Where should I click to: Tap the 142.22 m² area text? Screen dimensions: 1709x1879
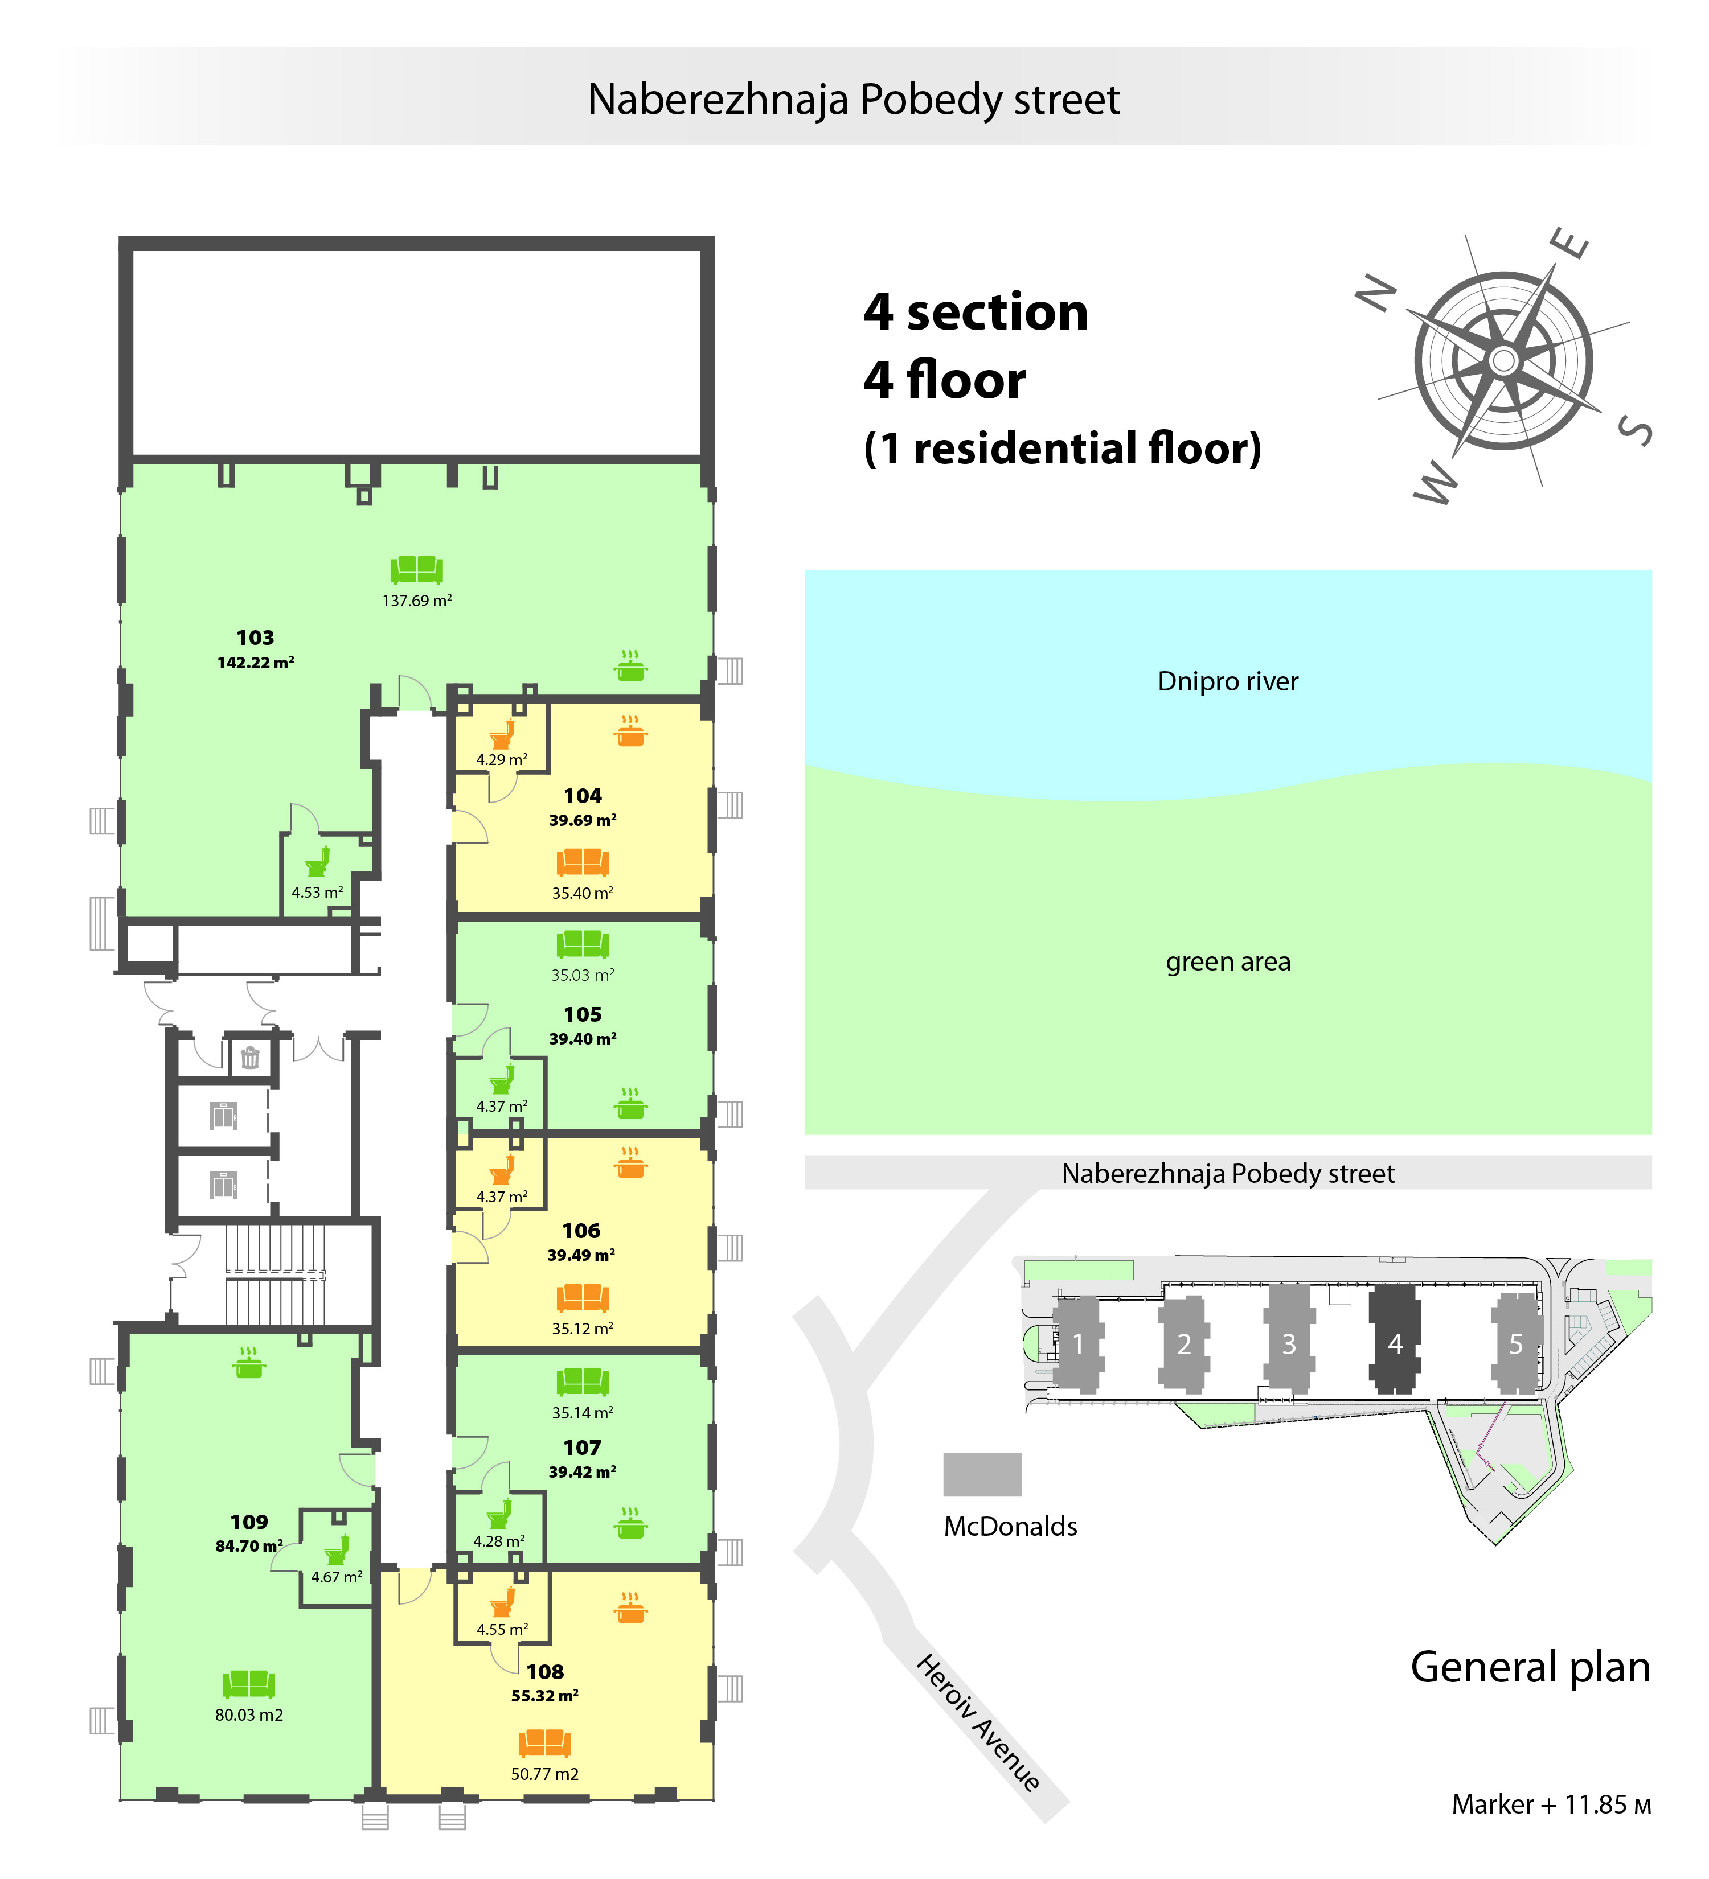coord(256,663)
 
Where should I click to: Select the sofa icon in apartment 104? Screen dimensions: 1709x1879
coord(583,862)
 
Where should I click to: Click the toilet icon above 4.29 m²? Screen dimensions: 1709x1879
coord(502,734)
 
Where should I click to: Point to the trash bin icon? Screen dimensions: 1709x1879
coord(250,1057)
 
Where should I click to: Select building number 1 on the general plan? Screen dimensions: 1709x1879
coord(1079,1344)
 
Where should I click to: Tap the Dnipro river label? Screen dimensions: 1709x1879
coord(1227,681)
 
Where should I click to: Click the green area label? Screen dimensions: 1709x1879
coord(1228,962)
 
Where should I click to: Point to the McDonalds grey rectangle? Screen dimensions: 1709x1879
coord(982,1474)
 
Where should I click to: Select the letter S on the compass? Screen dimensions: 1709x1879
coord(1636,430)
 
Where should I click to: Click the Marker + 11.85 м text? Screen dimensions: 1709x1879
coord(1551,1804)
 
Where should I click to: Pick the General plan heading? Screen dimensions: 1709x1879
coord(1530,1667)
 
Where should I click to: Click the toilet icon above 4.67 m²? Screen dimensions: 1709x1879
coord(337,1549)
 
